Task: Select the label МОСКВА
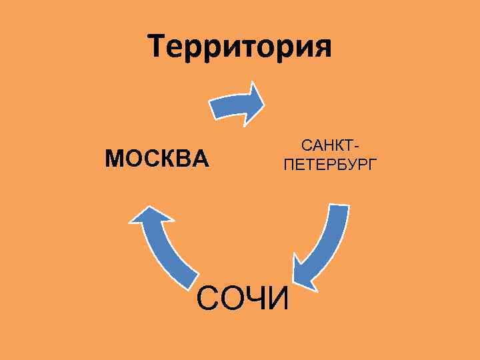157,159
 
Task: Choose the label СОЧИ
243,298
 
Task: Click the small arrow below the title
237,104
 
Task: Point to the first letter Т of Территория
159,47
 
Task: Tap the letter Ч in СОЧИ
257,298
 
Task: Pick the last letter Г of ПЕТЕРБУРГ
372,164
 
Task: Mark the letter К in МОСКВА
167,159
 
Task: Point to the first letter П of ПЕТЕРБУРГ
288,164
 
